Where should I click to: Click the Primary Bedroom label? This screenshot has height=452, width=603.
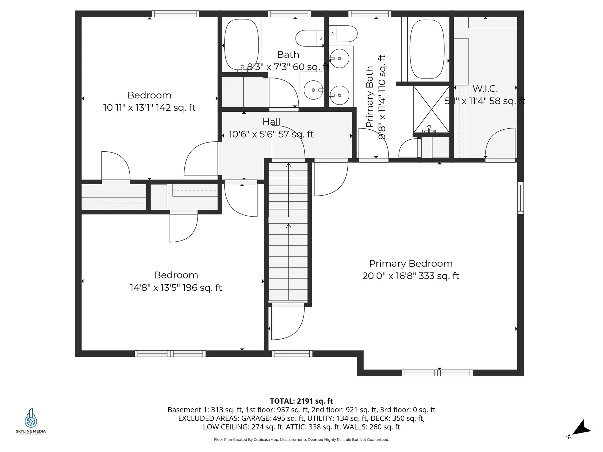[410, 264]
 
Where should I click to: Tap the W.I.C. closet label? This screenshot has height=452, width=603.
[485, 89]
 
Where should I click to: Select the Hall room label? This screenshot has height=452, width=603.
[271, 122]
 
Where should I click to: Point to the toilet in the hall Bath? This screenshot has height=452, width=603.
[310, 38]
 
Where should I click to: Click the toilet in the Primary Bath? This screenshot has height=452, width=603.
[343, 34]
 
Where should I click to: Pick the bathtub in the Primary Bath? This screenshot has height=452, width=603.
[427, 49]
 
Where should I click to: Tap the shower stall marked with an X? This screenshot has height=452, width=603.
[431, 109]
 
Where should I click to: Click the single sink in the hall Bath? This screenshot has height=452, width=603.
[313, 90]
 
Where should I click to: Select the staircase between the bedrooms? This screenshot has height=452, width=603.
[288, 232]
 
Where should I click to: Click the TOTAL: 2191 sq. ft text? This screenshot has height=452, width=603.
[301, 401]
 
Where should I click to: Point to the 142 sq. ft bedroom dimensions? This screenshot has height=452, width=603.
[149, 108]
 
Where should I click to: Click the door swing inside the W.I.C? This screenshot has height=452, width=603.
[500, 143]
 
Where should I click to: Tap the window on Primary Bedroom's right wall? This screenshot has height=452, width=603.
[520, 198]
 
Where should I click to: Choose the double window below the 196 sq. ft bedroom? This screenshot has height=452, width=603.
[170, 354]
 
